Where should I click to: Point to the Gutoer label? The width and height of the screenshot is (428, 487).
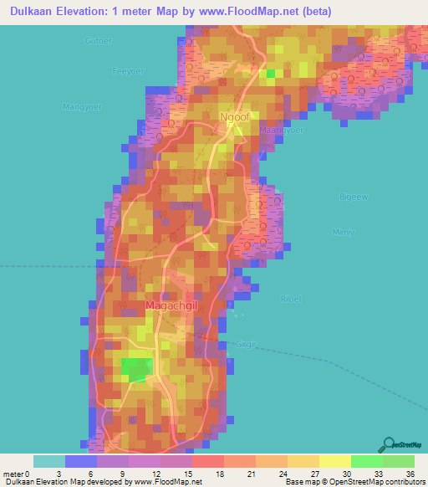98,40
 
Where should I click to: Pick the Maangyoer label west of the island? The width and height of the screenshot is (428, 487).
81,106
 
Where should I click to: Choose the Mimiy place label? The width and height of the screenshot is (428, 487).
343,233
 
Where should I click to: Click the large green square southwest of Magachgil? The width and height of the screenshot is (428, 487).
138,367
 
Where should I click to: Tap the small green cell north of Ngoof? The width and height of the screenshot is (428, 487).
270,74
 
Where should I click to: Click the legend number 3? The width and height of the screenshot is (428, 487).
65,474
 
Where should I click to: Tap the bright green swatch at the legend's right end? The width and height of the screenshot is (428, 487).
398,461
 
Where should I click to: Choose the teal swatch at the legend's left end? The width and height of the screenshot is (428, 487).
49,461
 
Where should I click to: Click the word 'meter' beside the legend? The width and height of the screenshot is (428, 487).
14,474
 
